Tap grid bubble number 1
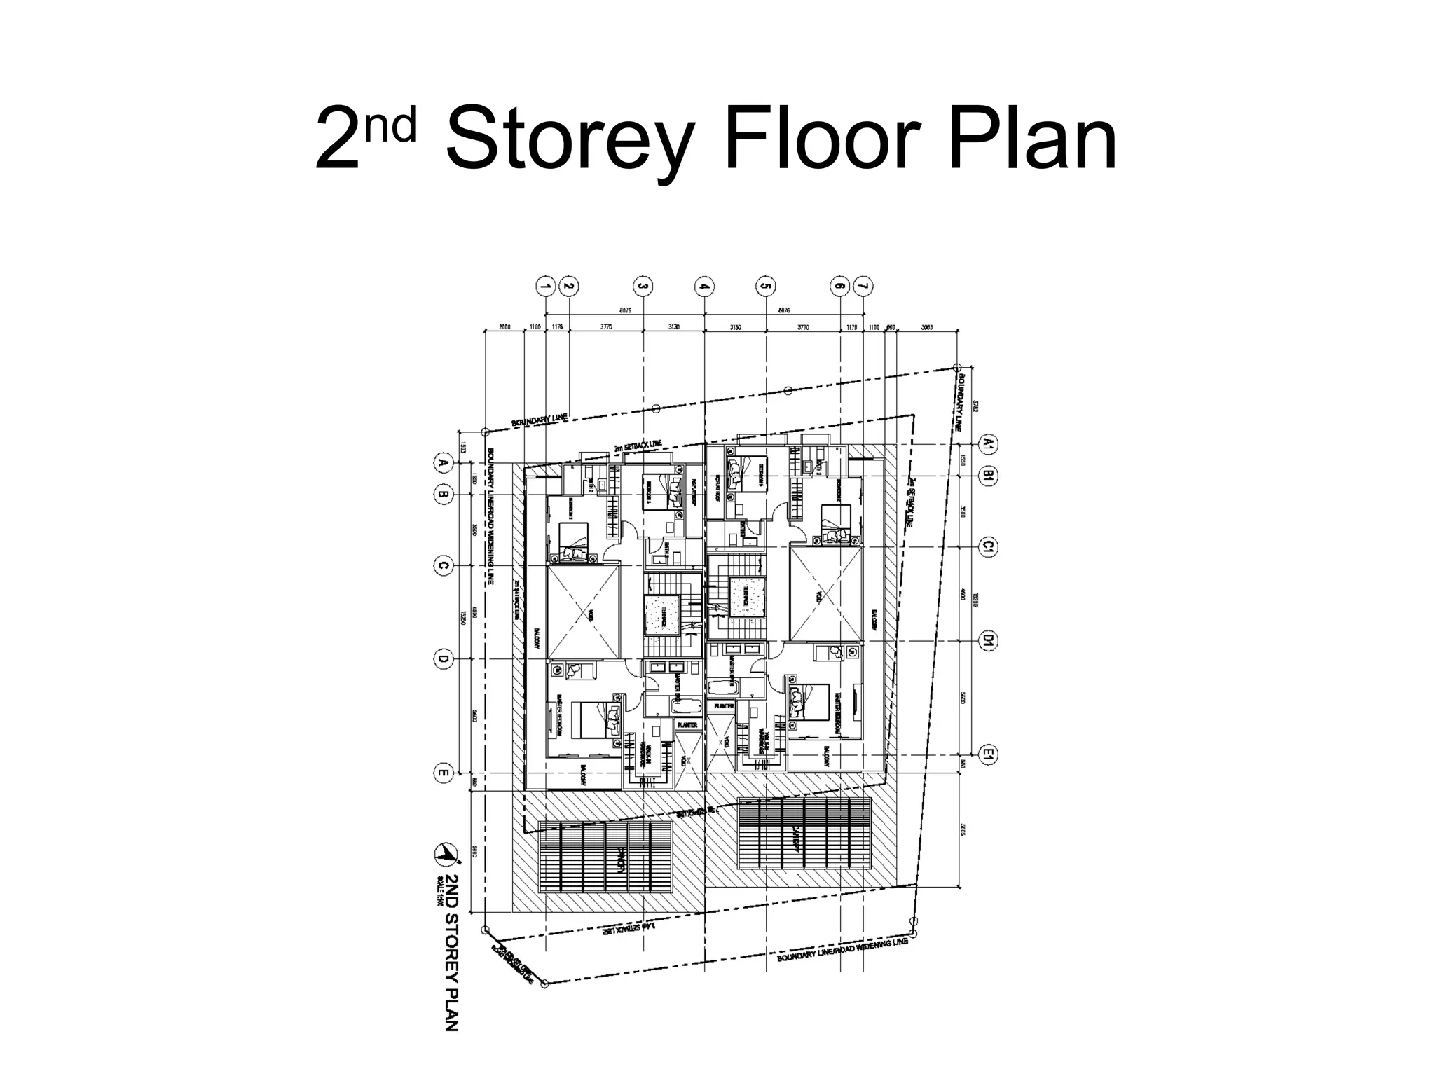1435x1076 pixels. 545,286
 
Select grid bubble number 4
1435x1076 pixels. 703,286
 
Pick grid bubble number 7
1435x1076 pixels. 863,286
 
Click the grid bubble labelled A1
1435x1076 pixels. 988,443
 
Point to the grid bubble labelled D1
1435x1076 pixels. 988,640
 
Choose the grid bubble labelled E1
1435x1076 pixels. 988,754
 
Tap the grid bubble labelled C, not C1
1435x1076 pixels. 443,565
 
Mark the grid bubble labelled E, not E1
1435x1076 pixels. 443,773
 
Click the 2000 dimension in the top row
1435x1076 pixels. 504,326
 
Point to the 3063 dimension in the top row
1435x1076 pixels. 927,326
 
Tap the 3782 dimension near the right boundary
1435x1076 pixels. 975,405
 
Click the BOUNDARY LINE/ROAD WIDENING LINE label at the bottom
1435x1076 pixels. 842,950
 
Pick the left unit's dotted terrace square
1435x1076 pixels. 662,615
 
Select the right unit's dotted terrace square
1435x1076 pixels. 746,597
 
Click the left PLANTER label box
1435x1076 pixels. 687,725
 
